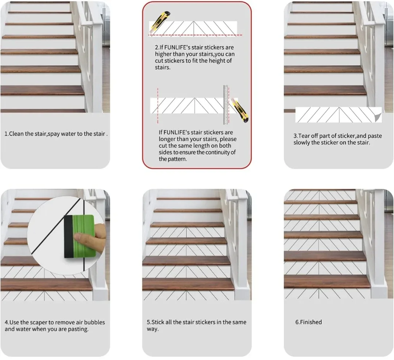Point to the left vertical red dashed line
pyautogui.click(x=158, y=106)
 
